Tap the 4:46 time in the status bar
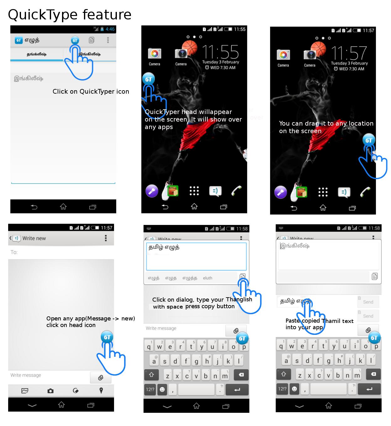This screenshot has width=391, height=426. (110, 29)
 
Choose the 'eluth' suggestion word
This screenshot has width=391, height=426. (207, 278)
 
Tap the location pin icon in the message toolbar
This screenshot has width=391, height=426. (101, 391)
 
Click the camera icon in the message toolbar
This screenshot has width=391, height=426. (50, 391)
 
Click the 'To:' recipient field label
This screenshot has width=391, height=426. (14, 252)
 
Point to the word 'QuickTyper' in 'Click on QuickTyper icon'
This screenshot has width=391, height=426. (97, 91)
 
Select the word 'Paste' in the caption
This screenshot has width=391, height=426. (293, 321)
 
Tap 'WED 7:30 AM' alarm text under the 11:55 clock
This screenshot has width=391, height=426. (223, 68)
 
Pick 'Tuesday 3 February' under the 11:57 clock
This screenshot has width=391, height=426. (349, 63)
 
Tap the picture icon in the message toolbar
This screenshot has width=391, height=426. (25, 391)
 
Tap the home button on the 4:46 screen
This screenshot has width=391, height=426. (63, 207)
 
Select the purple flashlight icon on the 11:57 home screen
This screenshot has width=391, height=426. (280, 192)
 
